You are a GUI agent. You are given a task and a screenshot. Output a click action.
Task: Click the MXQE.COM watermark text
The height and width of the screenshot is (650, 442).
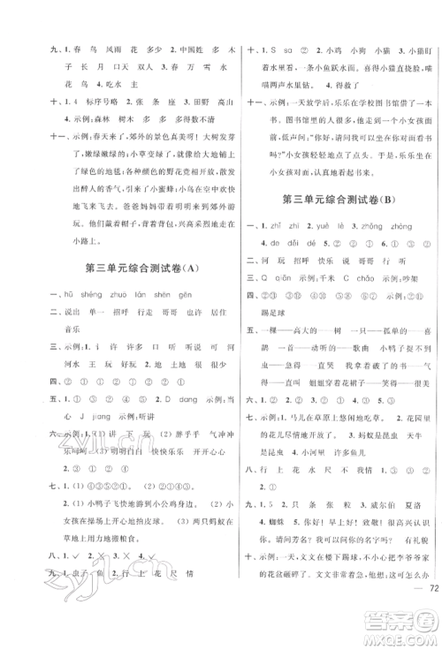pos(408,637)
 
